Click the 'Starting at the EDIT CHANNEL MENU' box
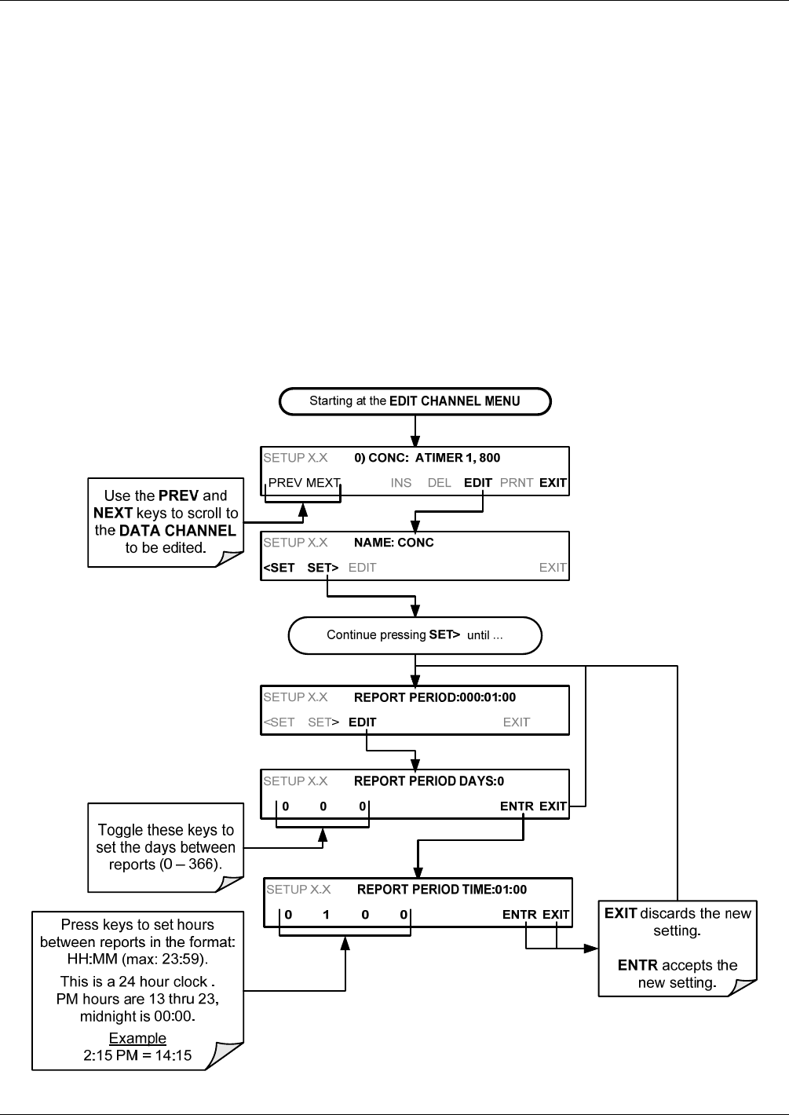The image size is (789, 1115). point(415,401)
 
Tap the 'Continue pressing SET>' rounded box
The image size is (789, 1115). point(415,635)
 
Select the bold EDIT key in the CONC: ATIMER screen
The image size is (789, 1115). point(478,483)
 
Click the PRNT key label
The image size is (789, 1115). point(517,483)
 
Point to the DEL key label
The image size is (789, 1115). point(439,483)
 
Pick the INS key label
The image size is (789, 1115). point(400,483)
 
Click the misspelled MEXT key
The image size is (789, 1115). point(323,483)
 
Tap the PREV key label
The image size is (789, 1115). point(285,483)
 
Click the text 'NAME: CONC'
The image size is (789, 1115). point(394,543)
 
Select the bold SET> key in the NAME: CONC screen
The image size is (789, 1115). point(323,568)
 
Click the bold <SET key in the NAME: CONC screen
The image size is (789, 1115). point(279,568)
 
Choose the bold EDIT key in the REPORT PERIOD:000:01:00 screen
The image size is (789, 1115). point(363,722)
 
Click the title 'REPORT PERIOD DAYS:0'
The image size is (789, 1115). point(429,781)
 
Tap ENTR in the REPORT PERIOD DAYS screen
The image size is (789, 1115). point(517,806)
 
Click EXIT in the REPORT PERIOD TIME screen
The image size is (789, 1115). point(556,915)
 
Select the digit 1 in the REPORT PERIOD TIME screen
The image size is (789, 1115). point(326,915)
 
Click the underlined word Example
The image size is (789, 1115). point(137,1038)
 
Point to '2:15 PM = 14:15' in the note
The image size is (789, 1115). point(137,1055)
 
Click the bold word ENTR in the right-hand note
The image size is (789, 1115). point(637,965)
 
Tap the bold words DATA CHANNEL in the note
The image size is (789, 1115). point(177,531)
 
